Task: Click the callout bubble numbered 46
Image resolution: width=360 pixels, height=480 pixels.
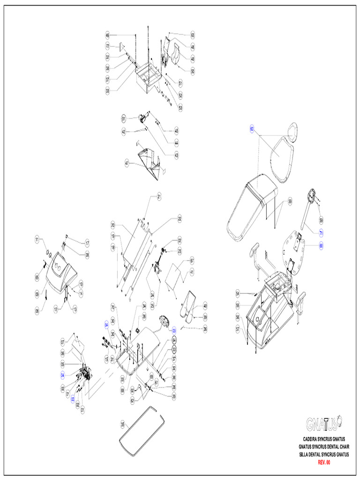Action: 107,36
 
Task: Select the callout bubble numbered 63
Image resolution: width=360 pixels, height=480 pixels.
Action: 192,35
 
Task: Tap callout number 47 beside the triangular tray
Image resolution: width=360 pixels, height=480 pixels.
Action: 127,163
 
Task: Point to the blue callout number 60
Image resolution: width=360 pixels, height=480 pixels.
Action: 252,129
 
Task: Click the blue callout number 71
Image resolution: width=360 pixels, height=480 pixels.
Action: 321,233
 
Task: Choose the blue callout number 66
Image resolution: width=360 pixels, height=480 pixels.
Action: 321,245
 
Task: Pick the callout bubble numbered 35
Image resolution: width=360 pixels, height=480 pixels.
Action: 123,424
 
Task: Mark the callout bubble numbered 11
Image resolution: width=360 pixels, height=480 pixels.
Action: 37,240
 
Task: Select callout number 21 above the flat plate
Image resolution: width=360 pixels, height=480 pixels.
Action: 159,196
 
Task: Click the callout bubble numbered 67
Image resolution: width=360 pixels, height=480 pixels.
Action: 192,260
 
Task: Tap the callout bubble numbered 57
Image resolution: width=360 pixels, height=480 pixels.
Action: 238,330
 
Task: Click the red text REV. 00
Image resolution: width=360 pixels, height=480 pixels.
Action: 324,462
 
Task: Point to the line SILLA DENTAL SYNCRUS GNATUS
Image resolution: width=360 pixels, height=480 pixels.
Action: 324,455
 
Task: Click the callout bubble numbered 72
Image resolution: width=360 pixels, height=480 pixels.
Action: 107,46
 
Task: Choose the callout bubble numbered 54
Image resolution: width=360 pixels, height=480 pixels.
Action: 238,293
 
